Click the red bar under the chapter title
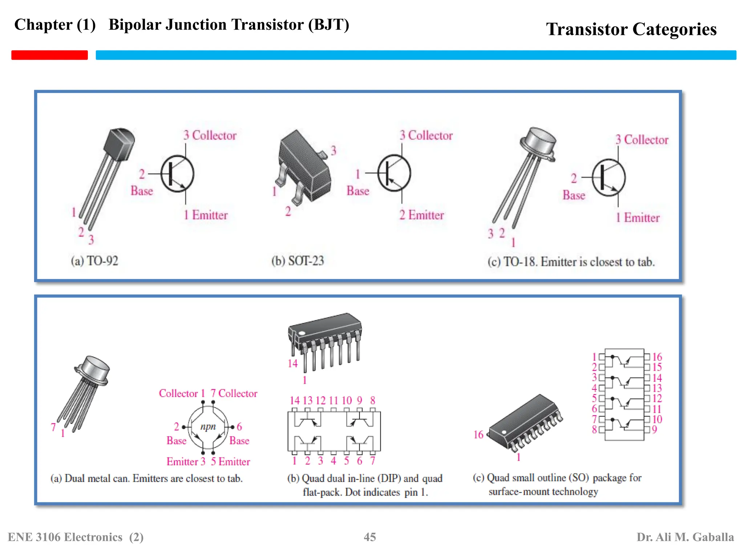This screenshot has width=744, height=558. tap(49, 55)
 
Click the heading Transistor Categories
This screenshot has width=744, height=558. tap(631, 29)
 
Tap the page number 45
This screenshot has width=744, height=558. tap(369, 537)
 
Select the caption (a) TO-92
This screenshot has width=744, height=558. tap(94, 261)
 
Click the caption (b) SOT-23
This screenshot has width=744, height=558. tap(298, 261)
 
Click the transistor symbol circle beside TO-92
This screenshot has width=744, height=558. tap(177, 174)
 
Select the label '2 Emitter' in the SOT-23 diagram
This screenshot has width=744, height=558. tap(421, 215)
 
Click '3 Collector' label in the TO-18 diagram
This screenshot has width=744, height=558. tap(642, 140)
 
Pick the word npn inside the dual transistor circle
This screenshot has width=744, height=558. tap(208, 426)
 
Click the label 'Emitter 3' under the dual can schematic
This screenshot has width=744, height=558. tap(186, 461)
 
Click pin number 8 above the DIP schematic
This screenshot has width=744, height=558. tap(373, 401)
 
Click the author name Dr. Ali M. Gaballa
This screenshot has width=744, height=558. tap(685, 537)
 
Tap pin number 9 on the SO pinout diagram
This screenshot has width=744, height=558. tap(654, 429)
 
